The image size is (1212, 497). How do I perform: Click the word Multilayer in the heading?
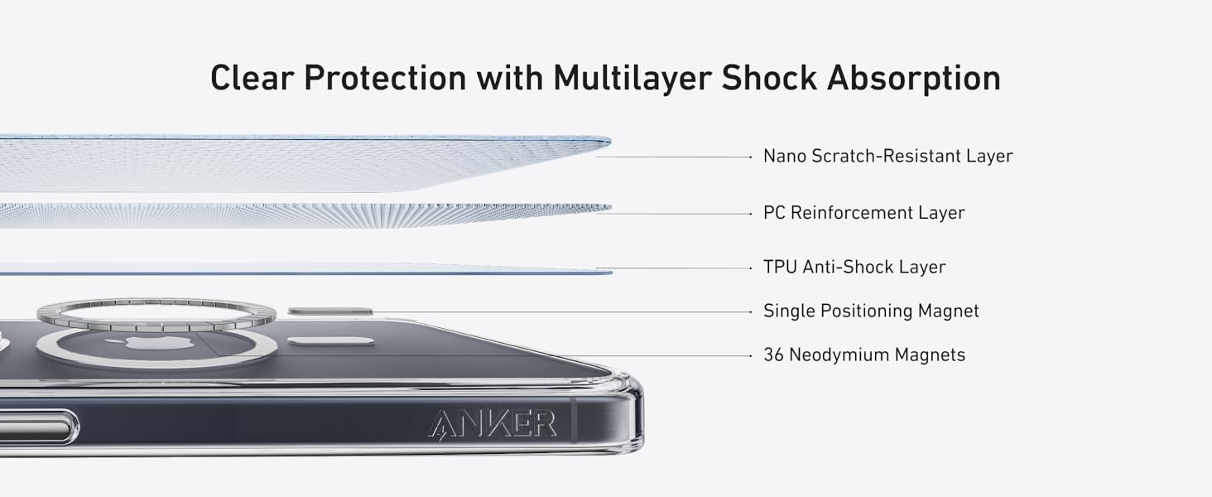click(x=632, y=78)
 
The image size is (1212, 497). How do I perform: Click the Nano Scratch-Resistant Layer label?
click(x=887, y=156)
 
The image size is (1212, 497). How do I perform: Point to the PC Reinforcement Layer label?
click(x=863, y=213)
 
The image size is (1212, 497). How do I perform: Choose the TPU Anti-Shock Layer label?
click(x=854, y=268)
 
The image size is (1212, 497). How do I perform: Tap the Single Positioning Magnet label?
click(x=871, y=311)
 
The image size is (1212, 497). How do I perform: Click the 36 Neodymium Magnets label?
click(x=863, y=355)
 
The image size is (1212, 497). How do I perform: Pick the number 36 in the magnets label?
click(x=773, y=355)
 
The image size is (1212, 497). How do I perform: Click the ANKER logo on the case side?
click(x=493, y=423)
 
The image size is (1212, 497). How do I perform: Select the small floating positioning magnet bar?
click(x=330, y=311)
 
